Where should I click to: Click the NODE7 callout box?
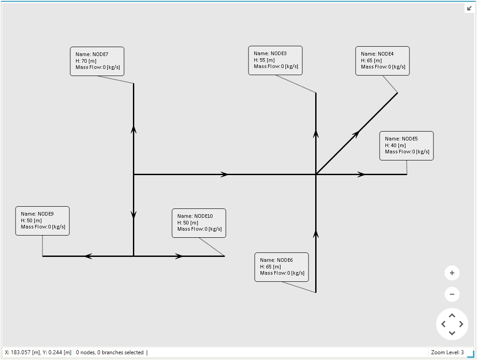(97, 61)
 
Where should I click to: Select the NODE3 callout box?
(275, 60)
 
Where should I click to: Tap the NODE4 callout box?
(382, 61)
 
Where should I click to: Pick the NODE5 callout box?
(406, 145)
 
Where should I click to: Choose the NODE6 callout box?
(281, 267)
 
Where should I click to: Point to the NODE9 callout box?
(42, 220)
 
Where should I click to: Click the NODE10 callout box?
(199, 223)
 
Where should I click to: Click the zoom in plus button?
(452, 273)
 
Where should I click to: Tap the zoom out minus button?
(452, 294)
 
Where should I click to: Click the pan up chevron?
(452, 316)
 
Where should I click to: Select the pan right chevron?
(461, 324)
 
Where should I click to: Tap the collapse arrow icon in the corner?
(469, 8)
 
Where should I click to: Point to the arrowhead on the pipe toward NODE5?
(362, 175)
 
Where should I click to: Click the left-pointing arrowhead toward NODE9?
(88, 256)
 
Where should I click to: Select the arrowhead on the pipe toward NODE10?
(179, 256)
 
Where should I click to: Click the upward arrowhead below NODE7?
(133, 129)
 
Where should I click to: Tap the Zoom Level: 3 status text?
(447, 352)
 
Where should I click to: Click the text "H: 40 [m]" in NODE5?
(395, 145)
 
